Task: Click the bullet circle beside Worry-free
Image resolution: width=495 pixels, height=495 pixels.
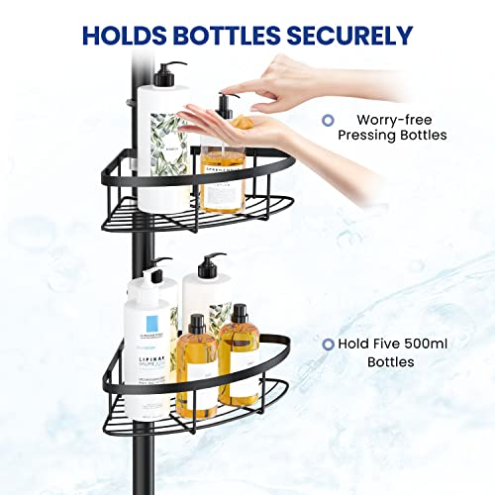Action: (x=327, y=121)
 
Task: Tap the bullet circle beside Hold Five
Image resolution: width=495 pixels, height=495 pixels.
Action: (x=327, y=345)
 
